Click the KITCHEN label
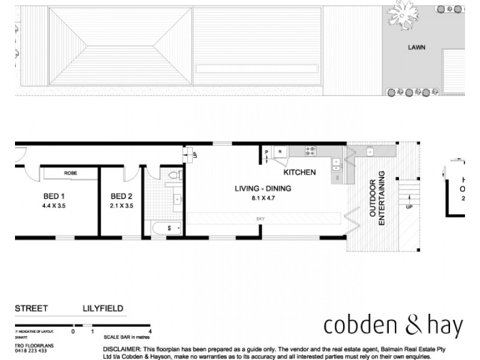coord(299,172)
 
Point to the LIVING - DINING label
coord(263,188)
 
